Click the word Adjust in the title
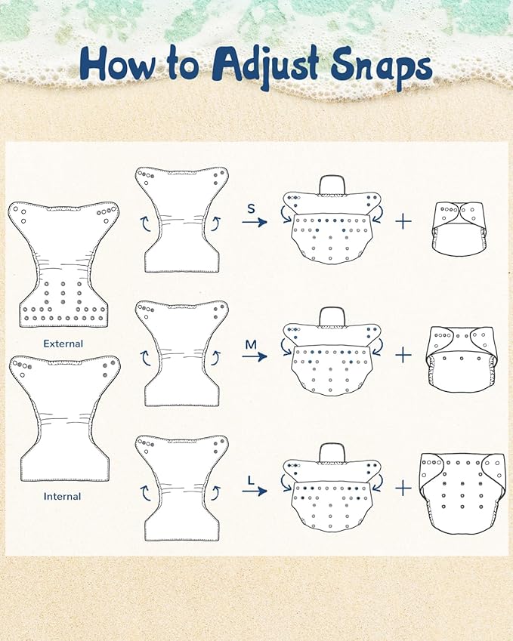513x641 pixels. pos(264,65)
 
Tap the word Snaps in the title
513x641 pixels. pos(381,66)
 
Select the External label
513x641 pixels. pos(63,344)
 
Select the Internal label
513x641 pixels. pos(62,496)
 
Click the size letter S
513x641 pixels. pos(251,209)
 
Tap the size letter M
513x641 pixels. pos(251,344)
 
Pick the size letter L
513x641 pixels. pos(251,479)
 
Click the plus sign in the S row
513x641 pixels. pos(403,221)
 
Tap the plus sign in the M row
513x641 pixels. pos(403,355)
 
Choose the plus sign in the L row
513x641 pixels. pos(403,488)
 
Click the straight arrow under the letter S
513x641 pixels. pos(255,222)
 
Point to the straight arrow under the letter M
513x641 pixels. pos(255,356)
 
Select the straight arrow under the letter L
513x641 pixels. pos(255,491)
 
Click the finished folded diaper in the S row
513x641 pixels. pos(460,225)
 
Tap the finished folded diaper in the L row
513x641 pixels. pos(463,493)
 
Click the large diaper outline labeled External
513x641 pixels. pos(63,264)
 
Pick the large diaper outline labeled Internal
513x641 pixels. pos(65,418)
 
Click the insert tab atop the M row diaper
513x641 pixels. pos(332,317)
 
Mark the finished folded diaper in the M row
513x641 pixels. pos(460,359)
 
